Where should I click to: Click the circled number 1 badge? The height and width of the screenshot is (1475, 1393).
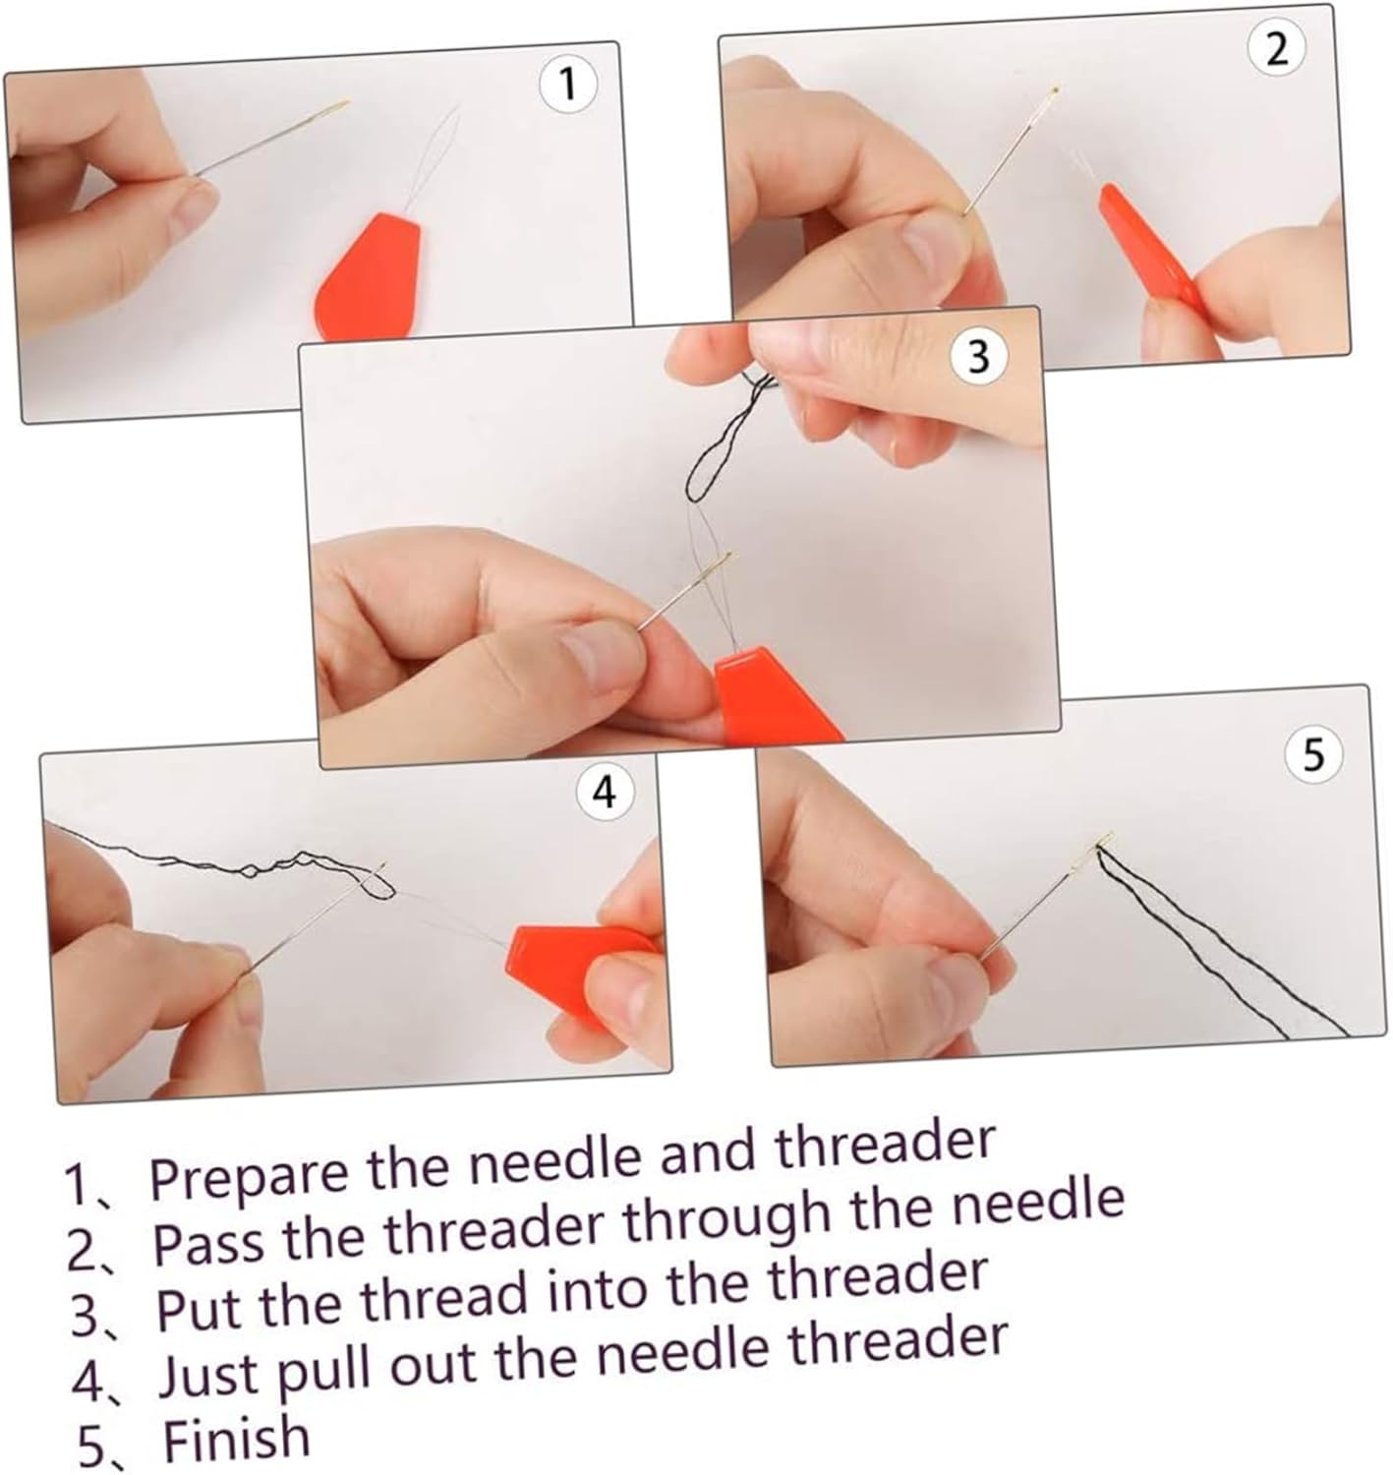[x=568, y=84]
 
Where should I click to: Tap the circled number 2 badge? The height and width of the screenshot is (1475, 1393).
[x=1276, y=50]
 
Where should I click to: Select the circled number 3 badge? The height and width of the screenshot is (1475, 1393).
[x=979, y=357]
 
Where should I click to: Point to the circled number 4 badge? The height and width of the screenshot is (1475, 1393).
[x=606, y=793]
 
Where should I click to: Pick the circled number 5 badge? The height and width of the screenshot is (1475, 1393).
[x=1313, y=755]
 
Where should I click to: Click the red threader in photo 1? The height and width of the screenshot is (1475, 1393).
[x=369, y=277]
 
